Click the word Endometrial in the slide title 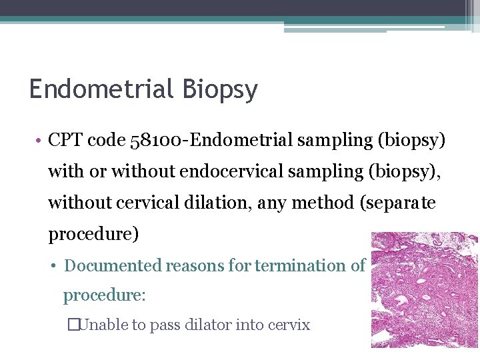[x=96, y=89]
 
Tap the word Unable [x=102, y=325]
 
